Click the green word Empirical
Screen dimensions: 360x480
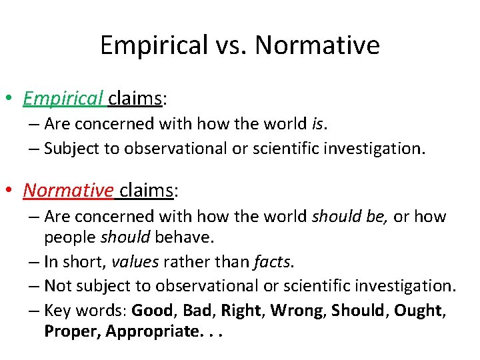(63, 99)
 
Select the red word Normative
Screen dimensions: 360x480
(68, 190)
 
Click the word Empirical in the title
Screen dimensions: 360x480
(154, 45)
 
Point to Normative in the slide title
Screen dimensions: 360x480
(317, 45)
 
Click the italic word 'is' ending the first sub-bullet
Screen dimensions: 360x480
(318, 123)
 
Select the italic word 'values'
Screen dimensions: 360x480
(134, 262)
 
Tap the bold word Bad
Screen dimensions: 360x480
(198, 310)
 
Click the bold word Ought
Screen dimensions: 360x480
(418, 310)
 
